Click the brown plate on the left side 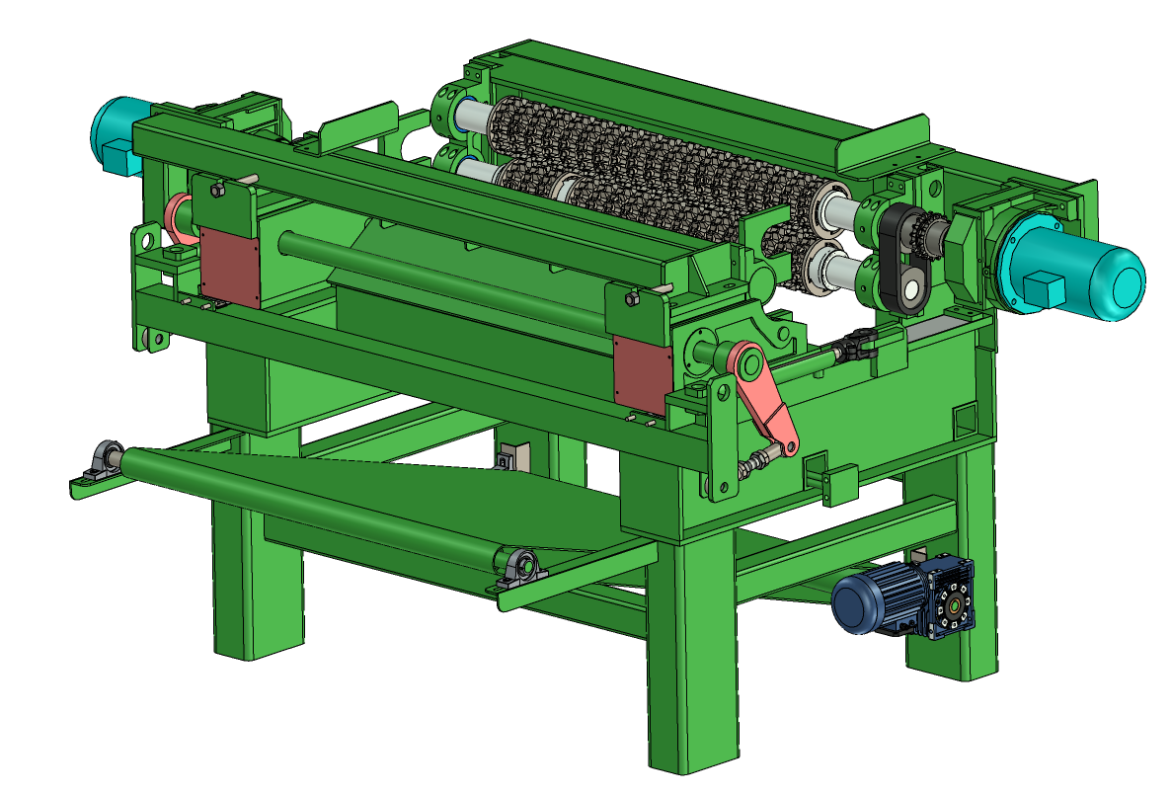229,264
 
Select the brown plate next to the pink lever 641,373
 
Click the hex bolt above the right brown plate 631,296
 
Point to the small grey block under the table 509,460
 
